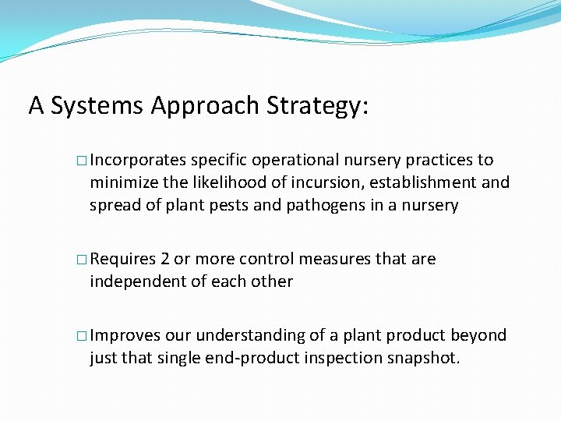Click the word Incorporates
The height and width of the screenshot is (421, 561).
(x=138, y=161)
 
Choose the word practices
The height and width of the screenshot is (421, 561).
(x=439, y=161)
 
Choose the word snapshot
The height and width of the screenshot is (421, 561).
(x=424, y=358)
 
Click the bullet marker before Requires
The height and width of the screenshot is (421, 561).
(x=82, y=260)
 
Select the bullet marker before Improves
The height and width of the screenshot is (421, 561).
(x=82, y=336)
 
